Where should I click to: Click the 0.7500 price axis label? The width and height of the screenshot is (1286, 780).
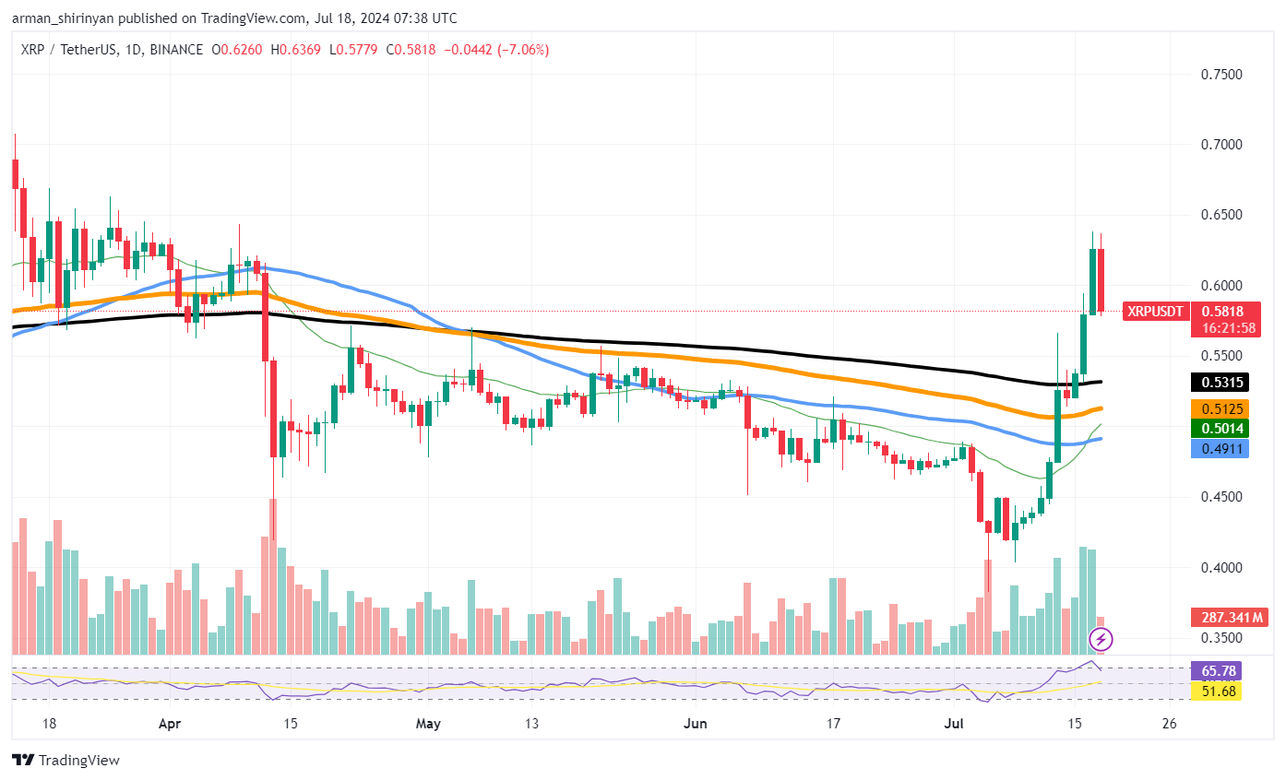tap(1221, 75)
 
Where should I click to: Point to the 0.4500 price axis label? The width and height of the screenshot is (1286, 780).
tap(1221, 497)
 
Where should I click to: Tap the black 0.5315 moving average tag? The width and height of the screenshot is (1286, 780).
tap(1220, 383)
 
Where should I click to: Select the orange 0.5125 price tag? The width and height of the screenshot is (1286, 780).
tap(1220, 409)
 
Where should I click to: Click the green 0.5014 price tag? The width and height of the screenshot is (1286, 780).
tap(1220, 429)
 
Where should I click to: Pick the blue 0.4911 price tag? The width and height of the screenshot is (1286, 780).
tap(1220, 449)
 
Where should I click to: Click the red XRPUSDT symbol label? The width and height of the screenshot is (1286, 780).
tap(1155, 312)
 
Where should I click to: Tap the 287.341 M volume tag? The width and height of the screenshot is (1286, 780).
tap(1229, 618)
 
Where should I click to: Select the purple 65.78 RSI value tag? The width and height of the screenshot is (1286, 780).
tap(1217, 671)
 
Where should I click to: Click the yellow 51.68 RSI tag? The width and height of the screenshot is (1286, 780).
tap(1217, 691)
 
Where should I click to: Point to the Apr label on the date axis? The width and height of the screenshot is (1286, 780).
tap(170, 725)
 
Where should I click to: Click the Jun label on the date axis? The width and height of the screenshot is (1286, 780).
tap(695, 724)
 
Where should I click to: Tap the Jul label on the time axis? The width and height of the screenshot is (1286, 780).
tap(954, 724)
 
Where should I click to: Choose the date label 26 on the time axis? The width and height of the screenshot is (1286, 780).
tap(1170, 724)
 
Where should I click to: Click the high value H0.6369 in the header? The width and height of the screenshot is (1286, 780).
tap(295, 50)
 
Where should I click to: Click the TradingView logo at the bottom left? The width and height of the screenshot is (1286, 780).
tap(66, 761)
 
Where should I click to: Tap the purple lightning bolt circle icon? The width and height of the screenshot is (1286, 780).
tap(1101, 639)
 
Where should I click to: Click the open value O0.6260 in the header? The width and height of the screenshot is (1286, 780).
tap(236, 50)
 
